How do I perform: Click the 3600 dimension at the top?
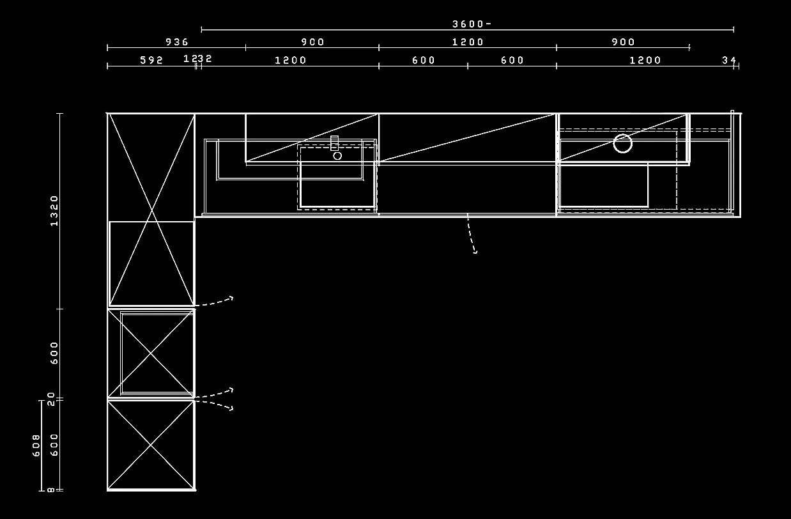[472, 24]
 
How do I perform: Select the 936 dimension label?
[177, 42]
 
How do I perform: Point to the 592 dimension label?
[151, 61]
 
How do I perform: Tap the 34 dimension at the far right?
[729, 61]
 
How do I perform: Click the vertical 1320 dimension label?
[54, 210]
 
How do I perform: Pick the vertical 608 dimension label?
[36, 445]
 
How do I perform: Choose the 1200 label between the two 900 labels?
[468, 42]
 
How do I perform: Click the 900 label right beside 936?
[312, 42]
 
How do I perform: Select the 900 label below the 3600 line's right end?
[623, 42]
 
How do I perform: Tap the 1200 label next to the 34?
[645, 61]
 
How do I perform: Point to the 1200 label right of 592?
[291, 61]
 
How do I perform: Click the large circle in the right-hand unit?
[622, 144]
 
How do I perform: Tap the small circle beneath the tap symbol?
[337, 155]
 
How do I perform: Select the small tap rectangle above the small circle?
[334, 143]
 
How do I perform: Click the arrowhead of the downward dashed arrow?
[475, 252]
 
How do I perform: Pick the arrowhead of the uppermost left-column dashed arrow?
[231, 298]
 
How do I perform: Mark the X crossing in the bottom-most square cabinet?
[151, 445]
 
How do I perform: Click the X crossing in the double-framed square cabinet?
[151, 353]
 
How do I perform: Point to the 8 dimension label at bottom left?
[51, 490]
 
